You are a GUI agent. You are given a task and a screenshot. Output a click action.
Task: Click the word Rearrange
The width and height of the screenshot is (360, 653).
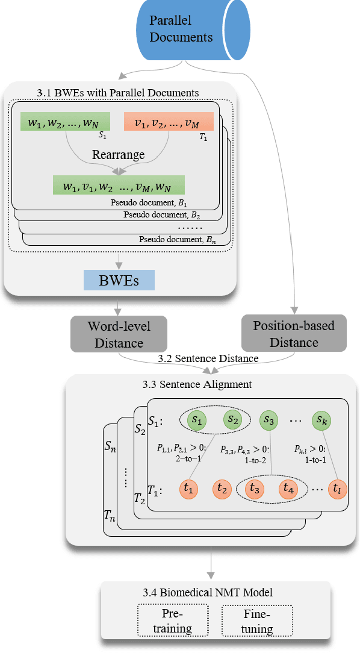pos(119,154)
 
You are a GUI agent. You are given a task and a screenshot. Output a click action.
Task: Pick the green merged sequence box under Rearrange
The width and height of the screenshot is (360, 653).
pos(119,184)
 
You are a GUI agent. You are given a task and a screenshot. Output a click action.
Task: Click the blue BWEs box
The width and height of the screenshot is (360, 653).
pos(119,280)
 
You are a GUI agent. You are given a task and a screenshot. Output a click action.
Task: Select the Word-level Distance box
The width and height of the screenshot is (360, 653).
pos(119,334)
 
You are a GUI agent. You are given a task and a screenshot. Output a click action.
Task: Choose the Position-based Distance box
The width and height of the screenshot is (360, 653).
pos(294,333)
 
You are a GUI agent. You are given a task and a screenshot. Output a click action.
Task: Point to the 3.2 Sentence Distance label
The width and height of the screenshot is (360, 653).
pos(208,358)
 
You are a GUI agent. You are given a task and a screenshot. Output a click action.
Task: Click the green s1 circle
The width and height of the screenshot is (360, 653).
pos(197,419)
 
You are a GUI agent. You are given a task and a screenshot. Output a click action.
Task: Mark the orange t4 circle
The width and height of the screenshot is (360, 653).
pos(288,489)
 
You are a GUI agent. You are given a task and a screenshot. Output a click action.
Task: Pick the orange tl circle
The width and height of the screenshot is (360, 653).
pos(338,489)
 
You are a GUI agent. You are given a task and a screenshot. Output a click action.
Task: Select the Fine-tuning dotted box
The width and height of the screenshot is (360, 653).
pos(257,621)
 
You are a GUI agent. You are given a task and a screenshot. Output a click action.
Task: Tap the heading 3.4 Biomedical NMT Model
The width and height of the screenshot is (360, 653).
pos(216,593)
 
